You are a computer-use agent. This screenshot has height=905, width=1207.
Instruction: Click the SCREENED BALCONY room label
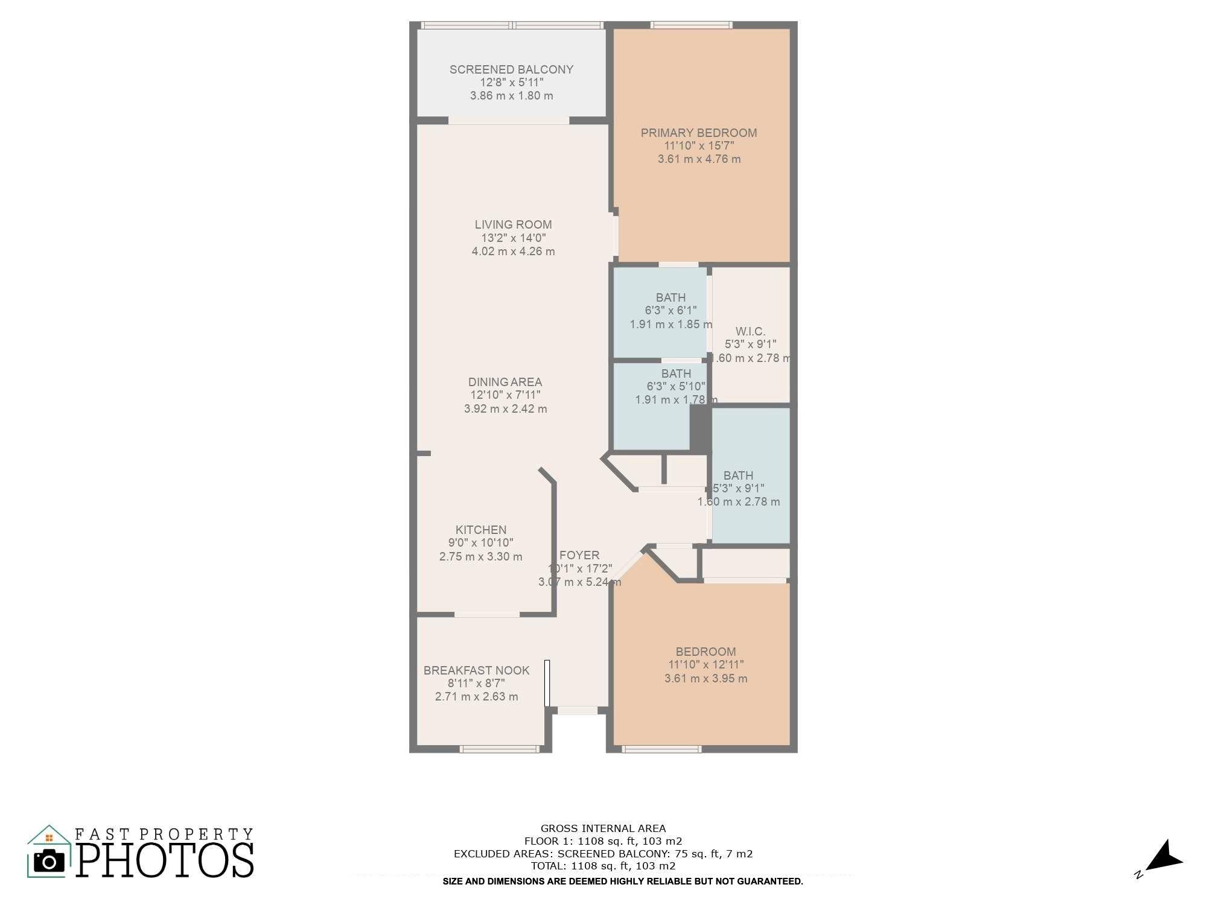[x=511, y=69]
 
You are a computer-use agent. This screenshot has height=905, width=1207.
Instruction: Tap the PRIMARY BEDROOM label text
[x=699, y=133]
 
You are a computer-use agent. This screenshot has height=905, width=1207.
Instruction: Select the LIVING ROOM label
[x=513, y=224]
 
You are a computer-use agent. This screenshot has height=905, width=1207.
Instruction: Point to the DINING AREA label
[x=505, y=382]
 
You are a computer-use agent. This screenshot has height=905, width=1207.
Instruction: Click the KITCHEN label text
[x=481, y=530]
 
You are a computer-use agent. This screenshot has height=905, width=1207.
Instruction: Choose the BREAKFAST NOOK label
[x=476, y=670]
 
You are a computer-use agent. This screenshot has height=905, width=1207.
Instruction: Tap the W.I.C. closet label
[x=750, y=331]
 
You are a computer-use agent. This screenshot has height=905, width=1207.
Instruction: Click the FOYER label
[x=579, y=555]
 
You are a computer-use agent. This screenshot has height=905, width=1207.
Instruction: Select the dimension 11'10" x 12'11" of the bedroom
[x=705, y=665]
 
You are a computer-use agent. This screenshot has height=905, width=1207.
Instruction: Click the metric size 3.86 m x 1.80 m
[x=511, y=96]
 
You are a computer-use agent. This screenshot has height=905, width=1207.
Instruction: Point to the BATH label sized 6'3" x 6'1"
[x=670, y=297]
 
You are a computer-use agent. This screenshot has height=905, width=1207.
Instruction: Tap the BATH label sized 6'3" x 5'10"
[x=675, y=373]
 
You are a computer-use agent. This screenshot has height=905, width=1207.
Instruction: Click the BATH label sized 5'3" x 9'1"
[x=738, y=475]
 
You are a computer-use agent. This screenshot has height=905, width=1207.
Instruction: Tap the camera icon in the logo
[x=49, y=861]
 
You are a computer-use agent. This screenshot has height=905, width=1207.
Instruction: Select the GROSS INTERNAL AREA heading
[x=603, y=828]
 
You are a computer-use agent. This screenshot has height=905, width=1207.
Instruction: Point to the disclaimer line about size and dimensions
[x=623, y=881]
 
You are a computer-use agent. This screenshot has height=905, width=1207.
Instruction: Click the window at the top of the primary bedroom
[x=691, y=25]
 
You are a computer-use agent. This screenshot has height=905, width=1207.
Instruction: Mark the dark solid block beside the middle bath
[x=700, y=428]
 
